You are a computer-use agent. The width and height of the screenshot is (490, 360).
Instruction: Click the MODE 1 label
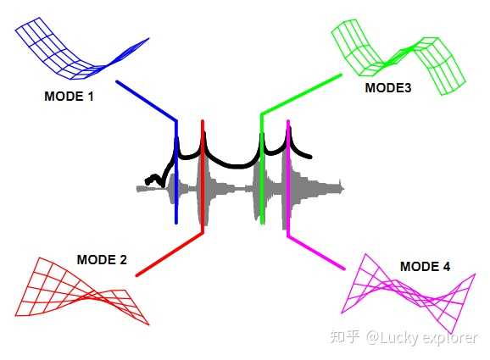coord(69,97)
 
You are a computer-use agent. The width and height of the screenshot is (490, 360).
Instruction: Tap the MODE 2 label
coord(102,260)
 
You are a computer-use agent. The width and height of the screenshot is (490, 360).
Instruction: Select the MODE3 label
coord(388,88)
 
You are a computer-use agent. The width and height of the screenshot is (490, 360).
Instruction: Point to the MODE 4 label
coord(426,267)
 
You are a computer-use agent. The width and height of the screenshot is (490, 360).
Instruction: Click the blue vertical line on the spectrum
coord(176,172)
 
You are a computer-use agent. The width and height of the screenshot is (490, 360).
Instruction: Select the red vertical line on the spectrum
coord(203,176)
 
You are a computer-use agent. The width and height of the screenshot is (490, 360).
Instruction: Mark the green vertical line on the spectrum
coord(262,169)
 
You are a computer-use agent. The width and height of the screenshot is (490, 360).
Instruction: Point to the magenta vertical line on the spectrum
coord(288,179)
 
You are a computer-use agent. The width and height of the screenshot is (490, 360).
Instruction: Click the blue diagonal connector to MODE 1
coord(147,101)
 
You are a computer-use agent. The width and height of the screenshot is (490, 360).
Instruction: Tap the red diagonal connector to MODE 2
coord(170,254)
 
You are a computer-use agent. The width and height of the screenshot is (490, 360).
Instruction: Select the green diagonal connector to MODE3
coord(301,94)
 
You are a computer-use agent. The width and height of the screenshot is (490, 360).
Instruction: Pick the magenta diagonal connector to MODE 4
coord(316,252)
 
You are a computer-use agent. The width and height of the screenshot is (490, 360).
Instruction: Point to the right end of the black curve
coord(309,157)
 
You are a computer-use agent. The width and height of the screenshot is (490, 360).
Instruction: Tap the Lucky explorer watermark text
coord(422,337)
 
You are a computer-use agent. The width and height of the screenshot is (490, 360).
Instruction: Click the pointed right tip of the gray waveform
coord(344,189)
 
